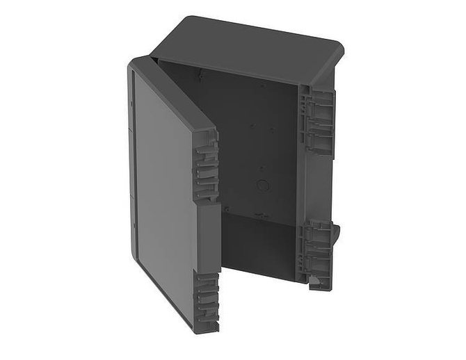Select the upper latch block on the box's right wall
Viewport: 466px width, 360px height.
click(316, 122)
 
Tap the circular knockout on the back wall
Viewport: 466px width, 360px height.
click(262, 186)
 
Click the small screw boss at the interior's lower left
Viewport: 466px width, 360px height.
click(225, 208)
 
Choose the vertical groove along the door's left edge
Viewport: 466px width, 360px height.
click(131, 160)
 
